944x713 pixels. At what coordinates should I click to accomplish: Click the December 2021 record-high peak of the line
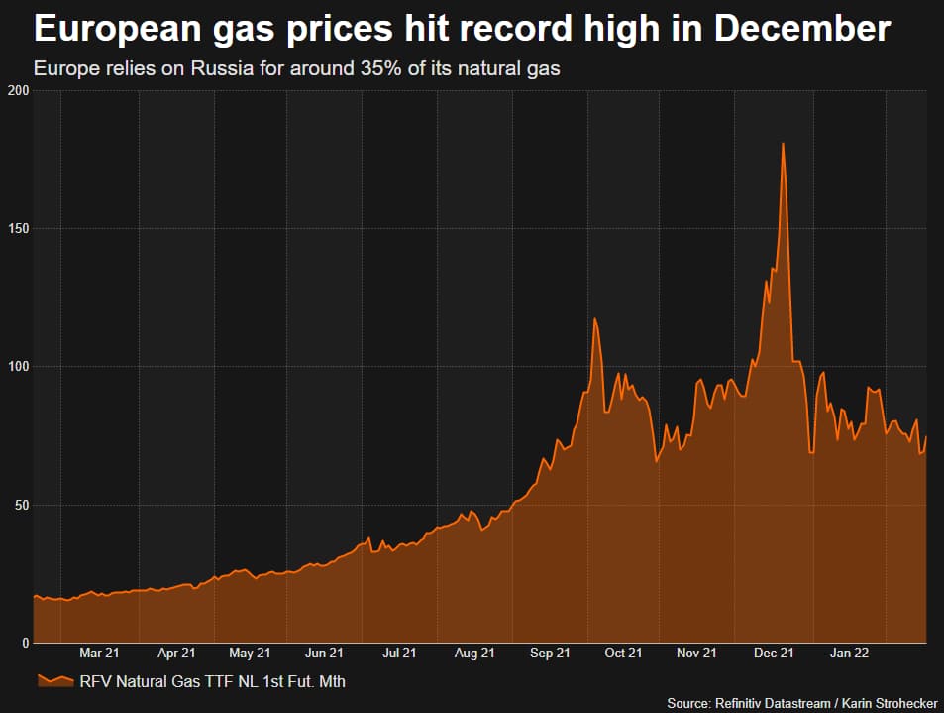point(783,144)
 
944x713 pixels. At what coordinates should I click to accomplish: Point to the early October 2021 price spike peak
point(594,319)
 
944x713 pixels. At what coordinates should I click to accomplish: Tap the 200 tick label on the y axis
point(18,90)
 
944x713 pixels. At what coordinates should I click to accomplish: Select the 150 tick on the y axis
point(18,228)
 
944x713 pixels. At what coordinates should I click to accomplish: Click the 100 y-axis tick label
point(18,367)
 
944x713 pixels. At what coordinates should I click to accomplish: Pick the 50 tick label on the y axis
point(21,505)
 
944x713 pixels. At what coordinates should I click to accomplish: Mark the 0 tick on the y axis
point(25,643)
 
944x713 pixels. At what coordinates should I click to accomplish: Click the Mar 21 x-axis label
point(99,654)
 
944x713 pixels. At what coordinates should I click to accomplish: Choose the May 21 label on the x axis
point(250,654)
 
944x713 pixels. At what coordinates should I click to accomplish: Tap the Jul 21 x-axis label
point(398,654)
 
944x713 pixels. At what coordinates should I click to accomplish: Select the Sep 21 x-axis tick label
point(550,654)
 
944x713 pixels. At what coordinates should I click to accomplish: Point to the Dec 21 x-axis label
point(774,654)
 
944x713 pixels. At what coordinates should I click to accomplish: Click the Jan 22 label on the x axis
point(849,654)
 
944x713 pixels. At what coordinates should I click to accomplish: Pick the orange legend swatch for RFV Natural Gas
point(55,681)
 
